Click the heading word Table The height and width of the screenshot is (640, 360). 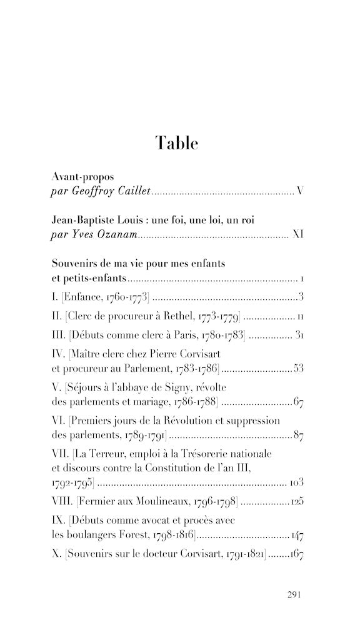tap(177, 143)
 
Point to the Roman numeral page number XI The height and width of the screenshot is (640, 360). tap(298, 235)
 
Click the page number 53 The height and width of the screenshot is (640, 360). tap(298, 368)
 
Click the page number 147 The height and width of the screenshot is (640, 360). tap(297, 535)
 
